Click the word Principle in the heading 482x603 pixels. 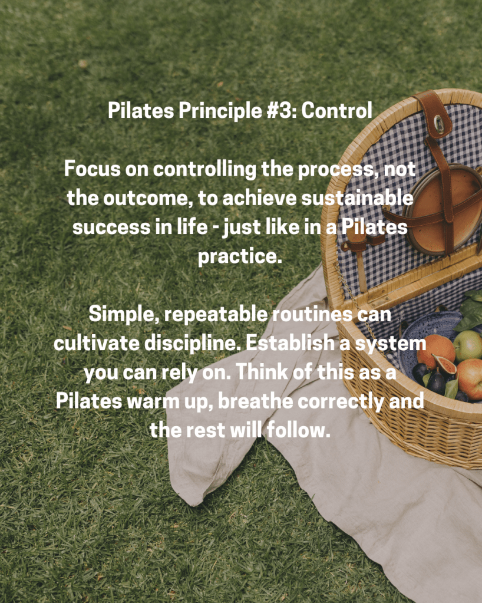pyautogui.click(x=220, y=111)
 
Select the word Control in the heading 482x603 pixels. pyautogui.click(x=336, y=111)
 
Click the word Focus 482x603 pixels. pyautogui.click(x=93, y=169)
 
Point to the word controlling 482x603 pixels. pyautogui.click(x=205, y=170)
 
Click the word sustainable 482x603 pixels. pyautogui.click(x=357, y=198)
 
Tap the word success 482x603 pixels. pyautogui.click(x=111, y=228)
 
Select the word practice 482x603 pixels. pyautogui.click(x=240, y=256)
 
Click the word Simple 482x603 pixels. pyautogui.click(x=124, y=315)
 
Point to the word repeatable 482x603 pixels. pyautogui.click(x=216, y=315)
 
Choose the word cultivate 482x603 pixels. pyautogui.click(x=97, y=343)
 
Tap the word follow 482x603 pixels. pyautogui.click(x=299, y=430)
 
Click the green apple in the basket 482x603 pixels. pyautogui.click(x=468, y=345)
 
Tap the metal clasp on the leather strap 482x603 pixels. pyautogui.click(x=439, y=123)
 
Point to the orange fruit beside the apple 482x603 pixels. pyautogui.click(x=435, y=351)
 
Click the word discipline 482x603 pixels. pyautogui.click(x=192, y=343)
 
